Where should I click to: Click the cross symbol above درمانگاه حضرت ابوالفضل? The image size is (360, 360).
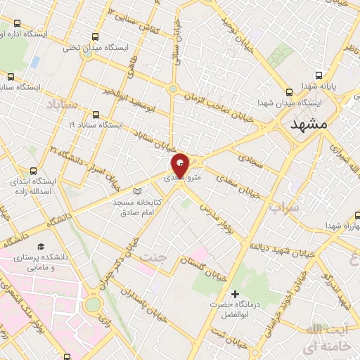click(235, 293)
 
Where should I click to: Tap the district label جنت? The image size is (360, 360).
click(156, 257)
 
